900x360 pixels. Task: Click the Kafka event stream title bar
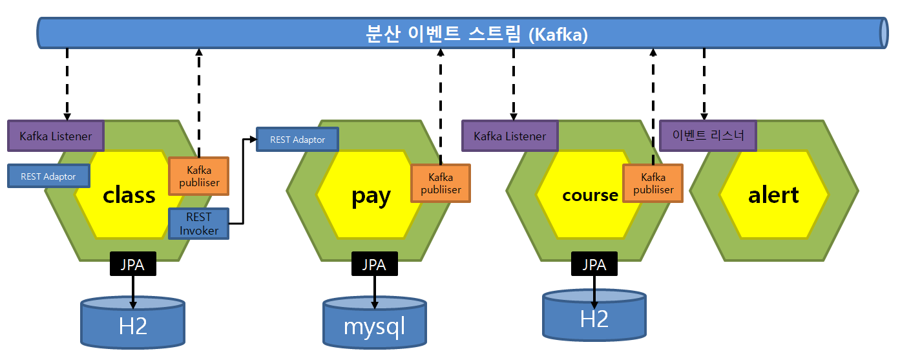463,33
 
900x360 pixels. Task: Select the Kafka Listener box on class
56,136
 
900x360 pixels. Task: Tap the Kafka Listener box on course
510,136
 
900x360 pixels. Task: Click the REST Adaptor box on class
48,176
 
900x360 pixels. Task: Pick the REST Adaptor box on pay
297,140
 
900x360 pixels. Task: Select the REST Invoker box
198,224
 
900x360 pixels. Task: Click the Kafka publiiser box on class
198,176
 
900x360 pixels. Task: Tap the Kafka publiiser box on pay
441,184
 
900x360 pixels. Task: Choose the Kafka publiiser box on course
653,184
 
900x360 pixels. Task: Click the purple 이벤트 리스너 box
707,136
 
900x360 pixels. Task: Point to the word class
129,195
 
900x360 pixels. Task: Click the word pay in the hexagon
371,195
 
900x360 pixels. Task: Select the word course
590,195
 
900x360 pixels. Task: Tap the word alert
773,195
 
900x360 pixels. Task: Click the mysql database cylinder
375,323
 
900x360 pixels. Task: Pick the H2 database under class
132,323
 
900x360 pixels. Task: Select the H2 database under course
594,316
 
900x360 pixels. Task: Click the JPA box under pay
374,264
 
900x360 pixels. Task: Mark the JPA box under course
594,264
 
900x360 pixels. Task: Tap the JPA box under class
133,264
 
